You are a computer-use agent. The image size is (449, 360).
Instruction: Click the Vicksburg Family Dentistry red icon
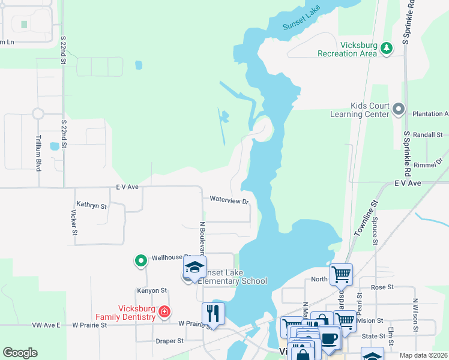pos(163,311)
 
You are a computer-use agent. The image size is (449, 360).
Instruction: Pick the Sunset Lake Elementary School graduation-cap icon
pos(194,266)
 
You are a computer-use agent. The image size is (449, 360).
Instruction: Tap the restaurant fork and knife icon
pos(213,313)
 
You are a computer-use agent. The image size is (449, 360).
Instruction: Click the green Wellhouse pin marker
pos(140,260)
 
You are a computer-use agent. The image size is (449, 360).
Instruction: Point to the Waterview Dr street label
pos(229,200)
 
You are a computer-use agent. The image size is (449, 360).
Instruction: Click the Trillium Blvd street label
pos(38,153)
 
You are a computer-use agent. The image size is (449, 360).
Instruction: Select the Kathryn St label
pos(91,205)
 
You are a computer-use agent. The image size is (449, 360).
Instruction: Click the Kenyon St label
pos(151,290)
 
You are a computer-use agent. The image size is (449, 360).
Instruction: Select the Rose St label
pos(382,287)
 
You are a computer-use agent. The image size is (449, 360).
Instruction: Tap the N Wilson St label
pos(414,316)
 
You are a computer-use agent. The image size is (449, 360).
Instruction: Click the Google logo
pos(20,352)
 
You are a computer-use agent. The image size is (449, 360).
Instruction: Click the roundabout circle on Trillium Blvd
pos(38,113)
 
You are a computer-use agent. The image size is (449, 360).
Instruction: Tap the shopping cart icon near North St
pos(341,274)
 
